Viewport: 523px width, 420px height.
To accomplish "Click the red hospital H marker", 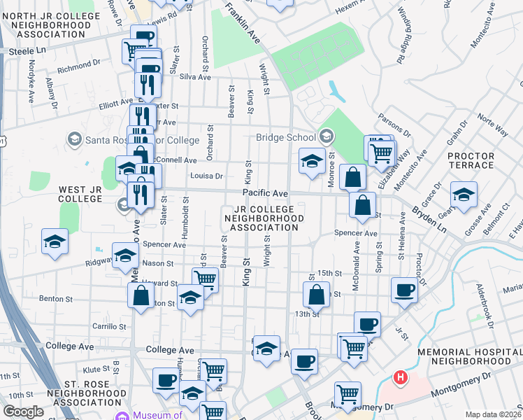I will tap(400, 378).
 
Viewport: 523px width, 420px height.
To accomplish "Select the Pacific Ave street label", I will tap(266, 192).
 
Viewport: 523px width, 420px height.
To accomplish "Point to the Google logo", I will tap(23, 412).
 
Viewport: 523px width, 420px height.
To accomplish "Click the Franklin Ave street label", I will tap(241, 22).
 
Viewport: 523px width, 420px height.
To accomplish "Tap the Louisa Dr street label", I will tap(206, 176).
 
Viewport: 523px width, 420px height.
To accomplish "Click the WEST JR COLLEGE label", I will tap(81, 194).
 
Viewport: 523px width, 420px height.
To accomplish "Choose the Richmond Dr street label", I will tap(79, 69).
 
